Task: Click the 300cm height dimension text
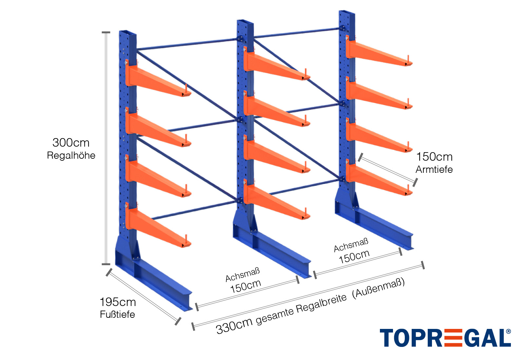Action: (71, 143)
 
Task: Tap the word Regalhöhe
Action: (71, 155)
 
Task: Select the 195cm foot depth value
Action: (118, 302)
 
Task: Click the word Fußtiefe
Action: (117, 315)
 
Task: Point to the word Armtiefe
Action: (434, 170)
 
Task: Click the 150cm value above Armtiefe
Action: (434, 157)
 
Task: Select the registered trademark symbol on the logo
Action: (508, 331)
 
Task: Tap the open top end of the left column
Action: (128, 33)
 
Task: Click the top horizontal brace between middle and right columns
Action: (297, 34)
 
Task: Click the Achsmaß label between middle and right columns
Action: (351, 245)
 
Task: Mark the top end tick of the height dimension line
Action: (106, 32)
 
